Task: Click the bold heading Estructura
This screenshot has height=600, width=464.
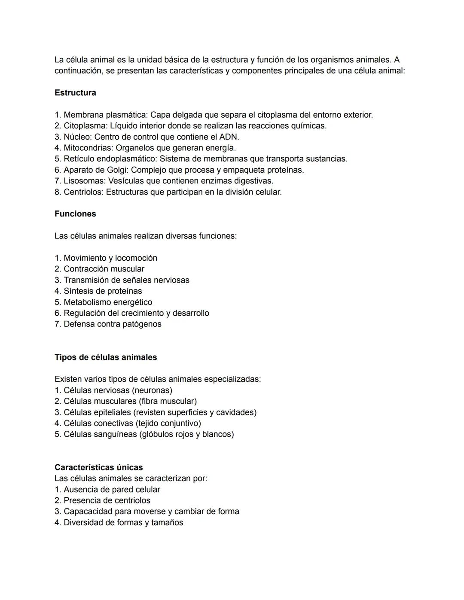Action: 75,93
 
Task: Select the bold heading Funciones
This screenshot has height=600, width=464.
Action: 75,214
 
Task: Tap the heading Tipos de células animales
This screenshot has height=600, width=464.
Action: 106,357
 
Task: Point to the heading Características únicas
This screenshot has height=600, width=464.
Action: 98,467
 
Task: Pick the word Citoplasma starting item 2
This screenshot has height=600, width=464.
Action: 85,126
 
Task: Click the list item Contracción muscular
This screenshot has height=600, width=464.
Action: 104,269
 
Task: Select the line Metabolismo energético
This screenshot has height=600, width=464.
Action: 108,302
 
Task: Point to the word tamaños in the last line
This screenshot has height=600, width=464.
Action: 167,523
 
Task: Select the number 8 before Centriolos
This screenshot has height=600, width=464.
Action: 57,192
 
